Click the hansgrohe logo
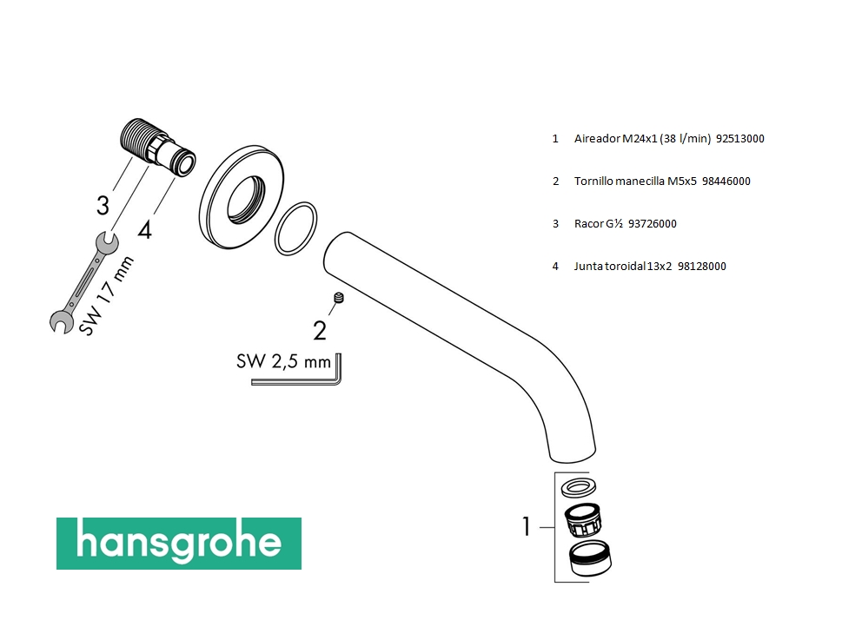click(x=179, y=543)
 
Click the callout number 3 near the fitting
click(x=103, y=206)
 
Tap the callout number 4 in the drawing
click(x=144, y=230)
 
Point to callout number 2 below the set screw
click(x=320, y=331)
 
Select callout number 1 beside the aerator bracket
click(x=527, y=527)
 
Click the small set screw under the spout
click(x=338, y=297)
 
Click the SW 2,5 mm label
click(x=283, y=361)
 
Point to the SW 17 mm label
click(x=106, y=296)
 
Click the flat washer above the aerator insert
click(x=579, y=488)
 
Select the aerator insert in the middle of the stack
click(x=583, y=520)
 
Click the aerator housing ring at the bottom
click(x=590, y=558)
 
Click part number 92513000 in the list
click(x=740, y=138)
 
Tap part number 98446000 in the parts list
click(x=726, y=181)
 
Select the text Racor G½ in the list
click(x=598, y=224)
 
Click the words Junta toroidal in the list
click(x=609, y=266)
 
